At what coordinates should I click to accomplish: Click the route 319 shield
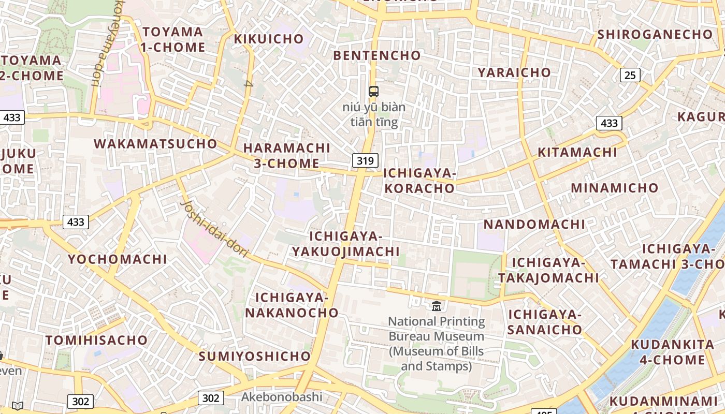click(365, 160)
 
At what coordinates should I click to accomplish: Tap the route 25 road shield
click(630, 75)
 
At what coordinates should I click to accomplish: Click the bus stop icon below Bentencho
click(373, 92)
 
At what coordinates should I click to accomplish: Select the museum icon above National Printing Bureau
click(436, 306)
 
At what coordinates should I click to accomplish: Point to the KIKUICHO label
click(268, 39)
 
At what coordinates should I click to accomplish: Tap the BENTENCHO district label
click(377, 55)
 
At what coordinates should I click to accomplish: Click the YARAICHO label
click(514, 72)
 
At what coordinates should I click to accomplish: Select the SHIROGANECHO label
click(655, 34)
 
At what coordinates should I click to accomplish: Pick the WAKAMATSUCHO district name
click(155, 143)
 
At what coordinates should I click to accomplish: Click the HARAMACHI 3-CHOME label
click(286, 155)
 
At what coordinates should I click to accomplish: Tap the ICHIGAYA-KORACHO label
click(419, 180)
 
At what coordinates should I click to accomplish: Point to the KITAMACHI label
click(577, 152)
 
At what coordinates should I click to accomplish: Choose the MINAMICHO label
click(614, 187)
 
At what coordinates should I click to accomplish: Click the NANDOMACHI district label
click(534, 224)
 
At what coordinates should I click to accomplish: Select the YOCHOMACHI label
click(118, 259)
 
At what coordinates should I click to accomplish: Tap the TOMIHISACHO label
click(97, 340)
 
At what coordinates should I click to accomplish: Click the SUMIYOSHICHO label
click(254, 356)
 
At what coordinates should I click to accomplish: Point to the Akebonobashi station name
click(282, 397)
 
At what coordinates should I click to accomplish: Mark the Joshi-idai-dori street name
click(215, 226)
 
